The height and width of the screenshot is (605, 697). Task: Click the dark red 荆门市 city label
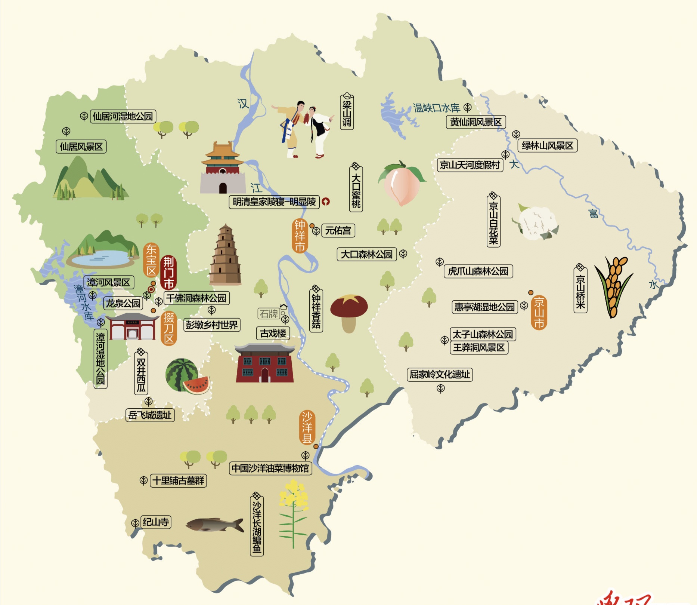click(x=168, y=273)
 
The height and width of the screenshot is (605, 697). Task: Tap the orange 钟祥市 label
click(x=300, y=236)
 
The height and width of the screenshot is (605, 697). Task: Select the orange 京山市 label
click(x=539, y=312)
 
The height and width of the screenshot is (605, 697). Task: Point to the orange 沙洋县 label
click(x=307, y=427)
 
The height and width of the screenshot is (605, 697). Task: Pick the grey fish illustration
click(x=214, y=525)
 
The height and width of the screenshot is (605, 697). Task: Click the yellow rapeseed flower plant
click(x=294, y=514)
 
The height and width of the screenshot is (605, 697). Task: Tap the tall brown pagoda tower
click(x=225, y=255)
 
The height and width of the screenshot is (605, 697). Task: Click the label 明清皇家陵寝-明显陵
click(x=274, y=202)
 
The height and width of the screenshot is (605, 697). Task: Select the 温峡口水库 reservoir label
click(x=437, y=108)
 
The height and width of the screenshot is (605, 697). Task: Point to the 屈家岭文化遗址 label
click(x=440, y=374)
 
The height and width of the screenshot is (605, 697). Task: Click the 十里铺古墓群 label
click(x=179, y=480)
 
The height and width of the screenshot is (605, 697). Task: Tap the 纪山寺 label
click(x=156, y=522)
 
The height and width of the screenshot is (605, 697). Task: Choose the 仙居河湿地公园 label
click(x=123, y=116)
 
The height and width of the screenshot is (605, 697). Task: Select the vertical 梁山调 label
click(x=347, y=112)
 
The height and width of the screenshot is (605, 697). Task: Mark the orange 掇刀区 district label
click(x=168, y=328)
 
